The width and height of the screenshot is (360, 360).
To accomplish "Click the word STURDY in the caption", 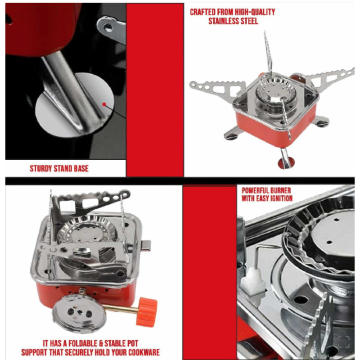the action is (x=40, y=168).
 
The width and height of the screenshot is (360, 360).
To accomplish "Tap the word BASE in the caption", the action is (x=81, y=168).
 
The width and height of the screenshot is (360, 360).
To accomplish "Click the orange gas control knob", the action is (x=147, y=311).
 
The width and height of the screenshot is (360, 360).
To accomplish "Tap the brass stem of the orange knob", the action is (x=121, y=308).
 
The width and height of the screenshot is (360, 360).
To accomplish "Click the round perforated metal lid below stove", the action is (x=79, y=313).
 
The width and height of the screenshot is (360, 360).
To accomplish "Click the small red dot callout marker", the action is (x=104, y=104).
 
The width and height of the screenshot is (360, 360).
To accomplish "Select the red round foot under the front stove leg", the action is (x=286, y=163).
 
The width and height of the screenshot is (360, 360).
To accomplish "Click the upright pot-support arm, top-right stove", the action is (x=268, y=53).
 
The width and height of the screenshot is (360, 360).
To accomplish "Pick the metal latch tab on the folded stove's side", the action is (x=146, y=245).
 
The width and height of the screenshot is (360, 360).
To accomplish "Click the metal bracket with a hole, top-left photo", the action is (x=111, y=29).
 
